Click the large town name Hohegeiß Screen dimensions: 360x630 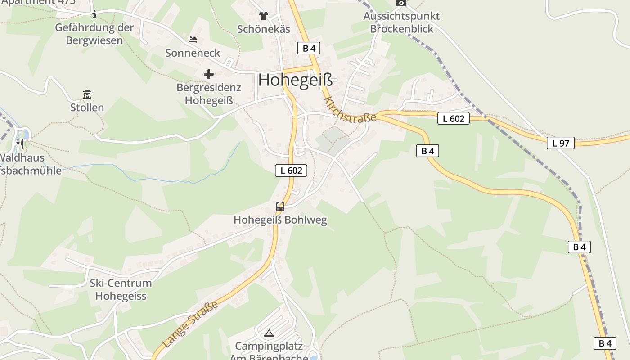pyautogui.click(x=296, y=80)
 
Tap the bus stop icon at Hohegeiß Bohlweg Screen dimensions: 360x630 pyautogui.click(x=280, y=207)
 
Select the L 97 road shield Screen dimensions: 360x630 pyautogui.click(x=561, y=144)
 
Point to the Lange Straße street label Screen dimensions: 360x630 pyautogui.click(x=190, y=324)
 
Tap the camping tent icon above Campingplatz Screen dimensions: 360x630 pyautogui.click(x=269, y=333)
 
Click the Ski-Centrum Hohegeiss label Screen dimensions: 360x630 pyautogui.click(x=121, y=289)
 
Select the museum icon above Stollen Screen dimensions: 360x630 pyautogui.click(x=87, y=94)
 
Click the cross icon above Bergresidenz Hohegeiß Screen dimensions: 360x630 pyautogui.click(x=209, y=74)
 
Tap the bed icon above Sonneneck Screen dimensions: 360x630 pyautogui.click(x=193, y=40)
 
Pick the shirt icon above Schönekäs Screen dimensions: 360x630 pyautogui.click(x=263, y=16)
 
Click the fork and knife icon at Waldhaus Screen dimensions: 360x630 pyautogui.click(x=19, y=144)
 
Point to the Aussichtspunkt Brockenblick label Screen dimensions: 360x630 pyautogui.click(x=401, y=22)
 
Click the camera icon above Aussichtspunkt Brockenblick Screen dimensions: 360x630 pyautogui.click(x=401, y=3)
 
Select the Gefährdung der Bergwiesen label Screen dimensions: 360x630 pyautogui.click(x=94, y=34)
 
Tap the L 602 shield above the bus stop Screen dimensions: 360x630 pyautogui.click(x=291, y=171)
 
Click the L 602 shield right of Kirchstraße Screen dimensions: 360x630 pyautogui.click(x=454, y=119)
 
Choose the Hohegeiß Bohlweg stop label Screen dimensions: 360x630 pyautogui.click(x=280, y=220)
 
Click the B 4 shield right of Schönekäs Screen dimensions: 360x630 pyautogui.click(x=309, y=49)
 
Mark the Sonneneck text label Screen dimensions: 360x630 pyautogui.click(x=193, y=53)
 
